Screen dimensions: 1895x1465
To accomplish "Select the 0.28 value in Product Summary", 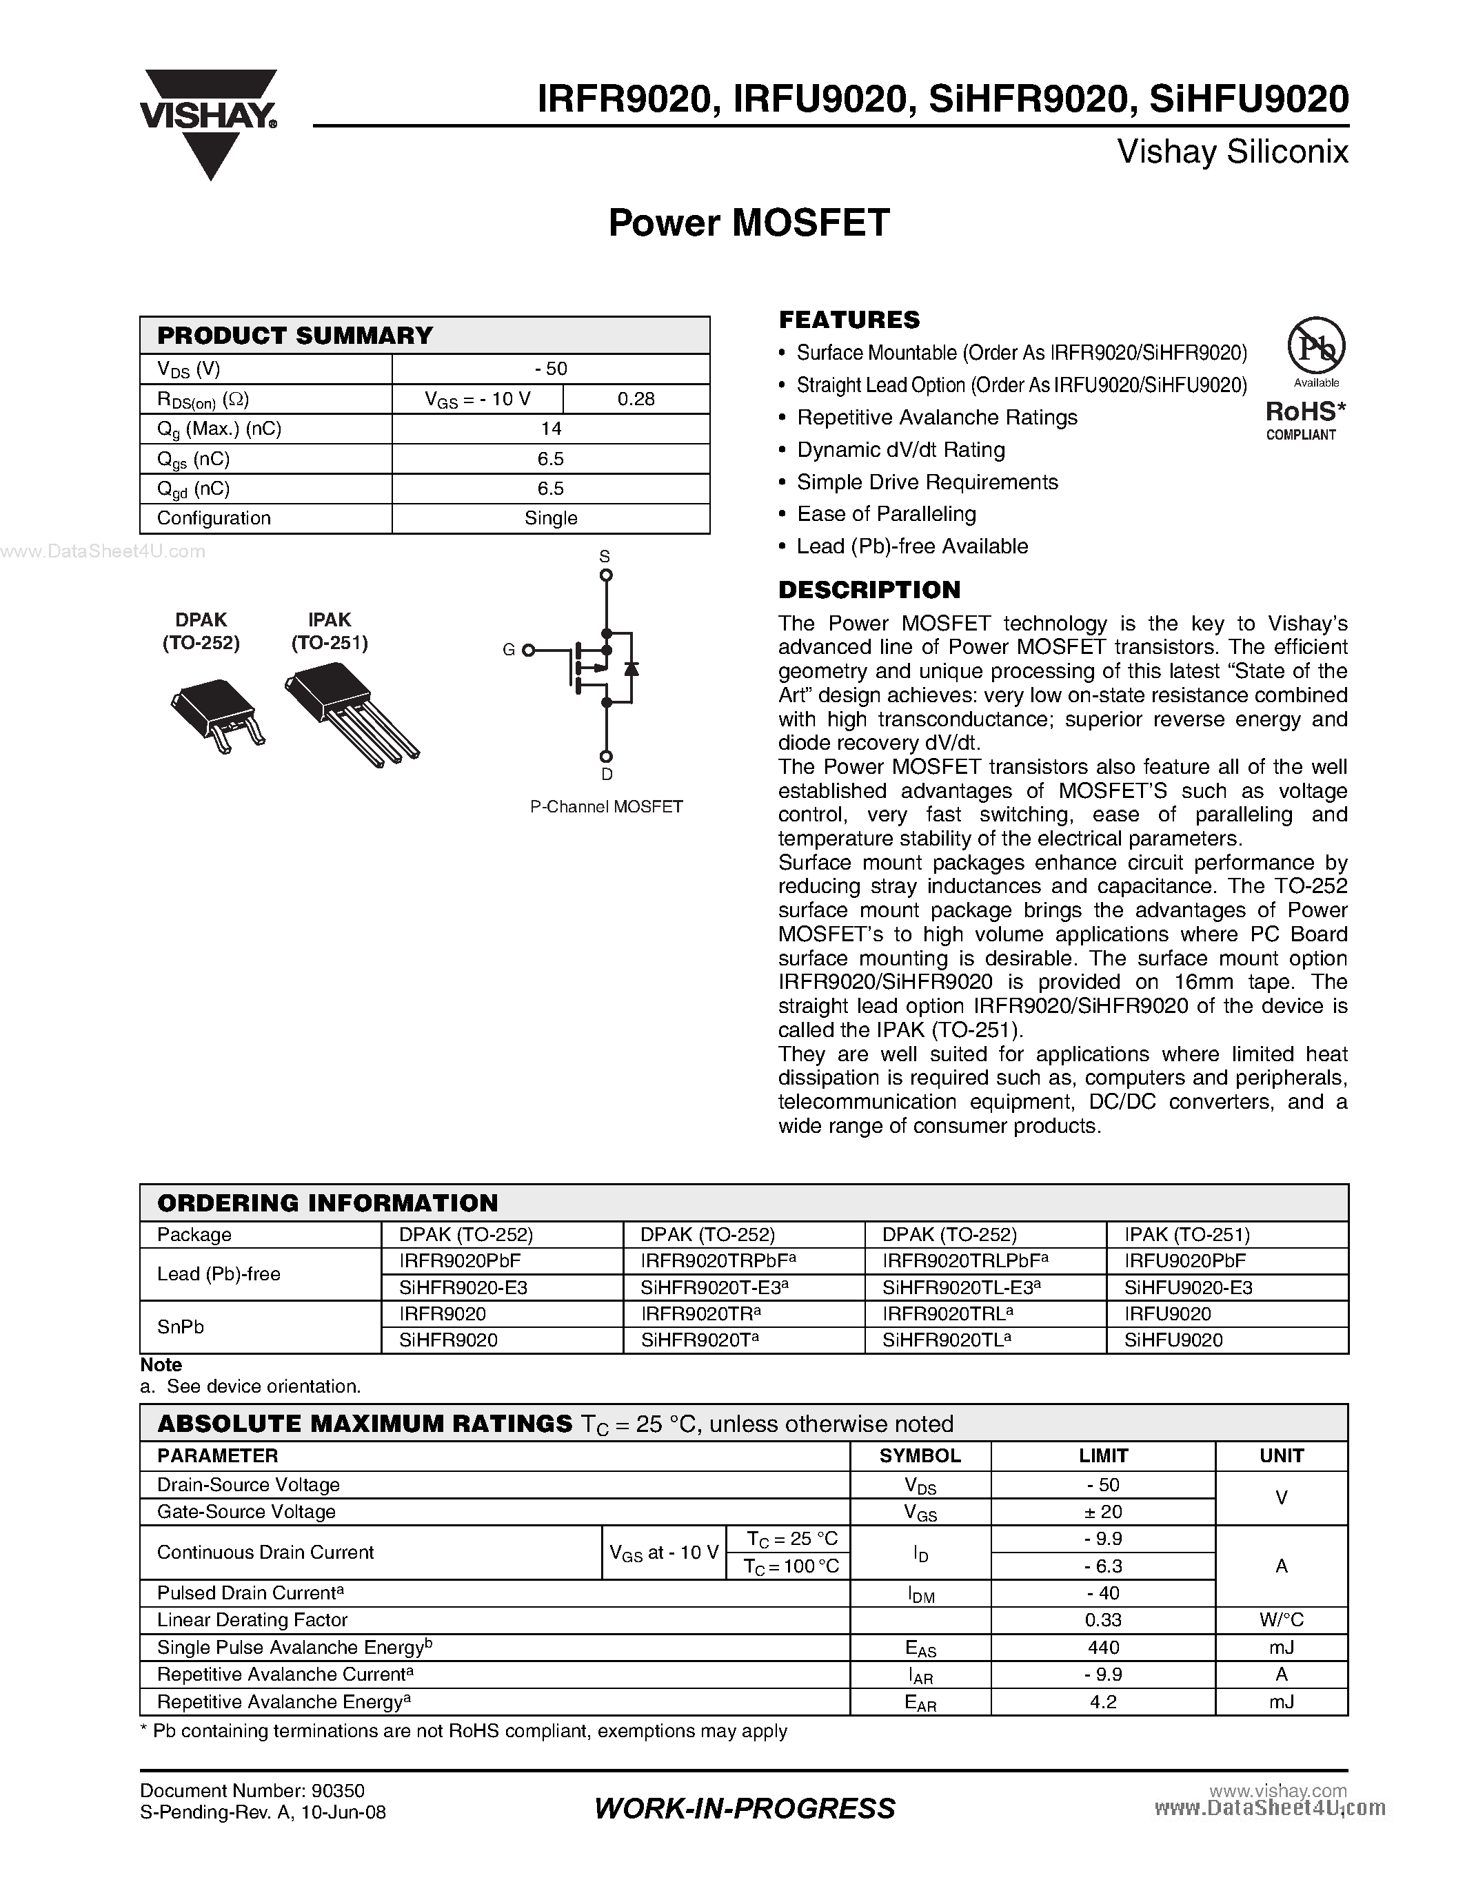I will (636, 399).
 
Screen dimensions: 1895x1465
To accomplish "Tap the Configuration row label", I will (214, 518).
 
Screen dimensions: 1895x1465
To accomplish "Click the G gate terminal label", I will (509, 650).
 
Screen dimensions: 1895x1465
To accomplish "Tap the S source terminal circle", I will (606, 575).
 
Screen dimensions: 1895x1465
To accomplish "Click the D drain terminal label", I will (607, 775).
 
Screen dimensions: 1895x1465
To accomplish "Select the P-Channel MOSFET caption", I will (606, 807).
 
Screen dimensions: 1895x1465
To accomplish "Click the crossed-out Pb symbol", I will (1315, 346).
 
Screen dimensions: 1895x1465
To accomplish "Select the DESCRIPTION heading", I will (869, 590).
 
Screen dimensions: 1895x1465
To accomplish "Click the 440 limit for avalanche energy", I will (1102, 1647).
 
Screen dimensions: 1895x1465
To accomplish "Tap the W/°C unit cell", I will (1280, 1620).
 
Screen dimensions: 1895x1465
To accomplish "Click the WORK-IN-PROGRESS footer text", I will (745, 1808).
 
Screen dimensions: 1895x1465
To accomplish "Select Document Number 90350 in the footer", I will (252, 1791).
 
